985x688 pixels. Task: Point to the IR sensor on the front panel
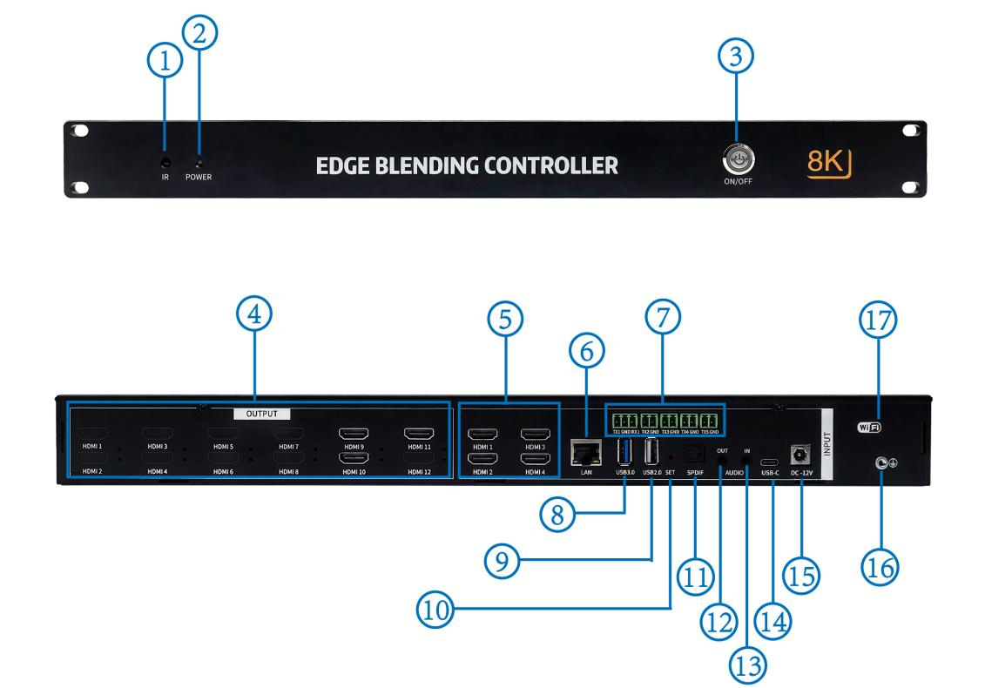click(165, 161)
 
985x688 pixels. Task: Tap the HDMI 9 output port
click(357, 434)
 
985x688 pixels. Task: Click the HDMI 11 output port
click(420, 434)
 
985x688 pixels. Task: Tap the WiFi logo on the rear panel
click(869, 427)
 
